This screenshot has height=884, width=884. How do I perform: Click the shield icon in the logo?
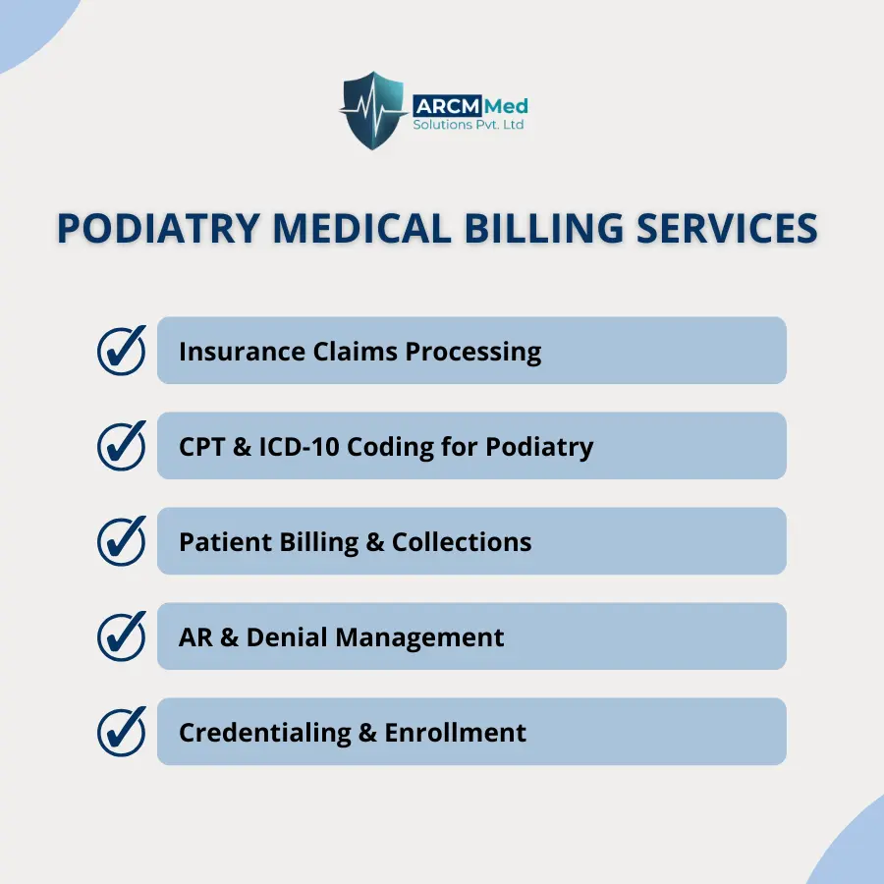click(x=372, y=110)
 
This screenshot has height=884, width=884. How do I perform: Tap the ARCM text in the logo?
click(x=448, y=106)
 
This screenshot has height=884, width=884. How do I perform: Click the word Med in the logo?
click(x=506, y=106)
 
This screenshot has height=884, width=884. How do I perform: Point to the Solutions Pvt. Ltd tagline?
click(x=468, y=125)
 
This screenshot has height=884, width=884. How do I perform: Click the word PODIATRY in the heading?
click(x=158, y=228)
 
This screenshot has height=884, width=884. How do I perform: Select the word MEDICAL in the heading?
click(x=361, y=228)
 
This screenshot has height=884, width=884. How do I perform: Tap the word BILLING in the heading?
click(x=543, y=228)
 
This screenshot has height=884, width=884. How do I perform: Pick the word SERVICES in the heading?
click(x=727, y=228)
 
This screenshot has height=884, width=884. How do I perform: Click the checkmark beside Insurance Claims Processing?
click(x=121, y=350)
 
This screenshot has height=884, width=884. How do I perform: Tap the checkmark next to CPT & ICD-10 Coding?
click(x=121, y=445)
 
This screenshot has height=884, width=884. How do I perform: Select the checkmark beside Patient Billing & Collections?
click(x=121, y=540)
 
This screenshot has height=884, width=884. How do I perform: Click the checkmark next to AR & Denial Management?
click(x=121, y=635)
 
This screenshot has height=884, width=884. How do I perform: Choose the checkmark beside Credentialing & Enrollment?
click(x=121, y=731)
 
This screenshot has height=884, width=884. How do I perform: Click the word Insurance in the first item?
click(x=242, y=352)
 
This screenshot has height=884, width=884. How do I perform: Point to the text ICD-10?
click(x=299, y=447)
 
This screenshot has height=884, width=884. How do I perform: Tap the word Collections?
click(x=462, y=542)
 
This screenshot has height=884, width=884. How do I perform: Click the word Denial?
click(x=287, y=637)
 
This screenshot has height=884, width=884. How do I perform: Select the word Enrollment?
click(x=456, y=733)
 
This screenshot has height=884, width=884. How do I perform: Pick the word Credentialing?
click(x=265, y=734)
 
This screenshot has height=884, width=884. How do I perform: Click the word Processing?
click(x=473, y=353)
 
